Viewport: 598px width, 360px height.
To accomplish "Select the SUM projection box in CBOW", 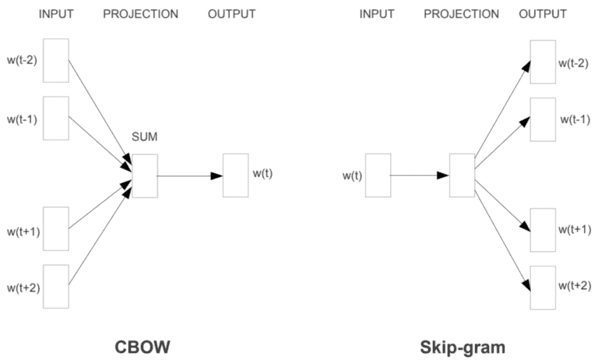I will pos(145,175).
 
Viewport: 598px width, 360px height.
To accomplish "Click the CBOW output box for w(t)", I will pos(236,175).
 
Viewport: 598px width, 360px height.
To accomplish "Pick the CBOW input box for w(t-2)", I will pos(56,60).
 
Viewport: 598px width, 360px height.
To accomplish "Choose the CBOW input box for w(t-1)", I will pos(56,117).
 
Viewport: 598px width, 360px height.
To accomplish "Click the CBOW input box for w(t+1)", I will pos(56,228).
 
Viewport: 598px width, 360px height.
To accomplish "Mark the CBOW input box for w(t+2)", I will pos(56,286).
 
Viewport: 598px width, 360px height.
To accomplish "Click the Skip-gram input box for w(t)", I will pos(377,175).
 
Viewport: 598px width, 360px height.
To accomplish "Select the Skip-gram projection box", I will pos(462,175).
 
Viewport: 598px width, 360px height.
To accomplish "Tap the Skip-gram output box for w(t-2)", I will pos(543,60).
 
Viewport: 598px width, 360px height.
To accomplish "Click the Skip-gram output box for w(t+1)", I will pos(543,230).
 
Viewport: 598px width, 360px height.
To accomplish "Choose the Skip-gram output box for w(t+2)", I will pos(543,286).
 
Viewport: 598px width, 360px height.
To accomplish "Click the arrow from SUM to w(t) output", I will pos(190,176).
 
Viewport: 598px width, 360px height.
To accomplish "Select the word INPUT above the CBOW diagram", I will pos(56,14).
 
